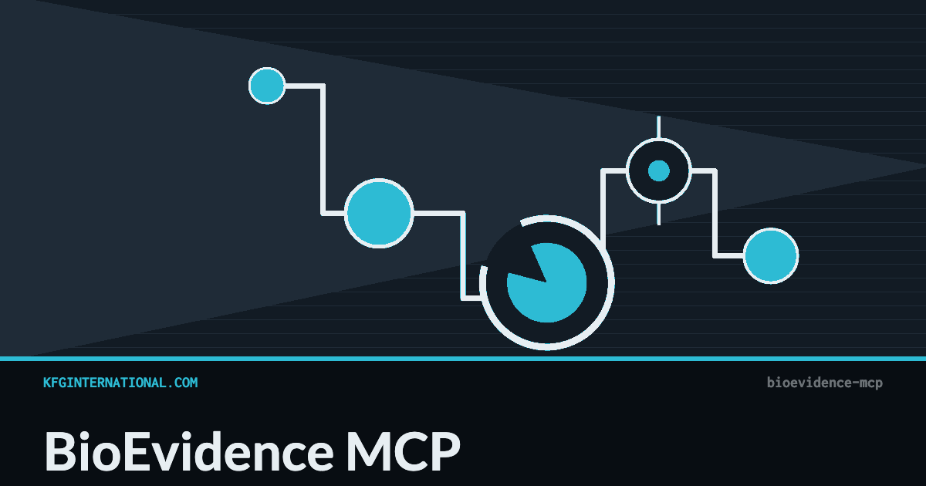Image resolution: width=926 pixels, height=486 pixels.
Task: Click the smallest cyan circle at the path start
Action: pos(267,86)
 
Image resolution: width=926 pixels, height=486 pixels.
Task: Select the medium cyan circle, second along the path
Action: pos(379,213)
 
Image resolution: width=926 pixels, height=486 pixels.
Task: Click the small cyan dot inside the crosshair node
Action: pos(658,170)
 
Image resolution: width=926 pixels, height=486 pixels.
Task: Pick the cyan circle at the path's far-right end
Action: pos(771,256)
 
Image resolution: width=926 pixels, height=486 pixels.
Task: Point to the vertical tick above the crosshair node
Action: pos(658,127)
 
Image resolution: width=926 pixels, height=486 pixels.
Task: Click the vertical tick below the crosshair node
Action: pos(658,214)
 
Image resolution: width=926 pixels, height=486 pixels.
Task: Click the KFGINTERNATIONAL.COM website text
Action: pos(120,383)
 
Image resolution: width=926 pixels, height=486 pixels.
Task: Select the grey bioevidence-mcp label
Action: pos(825,383)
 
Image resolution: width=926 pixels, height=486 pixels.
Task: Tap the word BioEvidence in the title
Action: pos(189,451)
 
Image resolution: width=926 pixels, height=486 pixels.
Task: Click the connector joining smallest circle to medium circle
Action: pos(323,150)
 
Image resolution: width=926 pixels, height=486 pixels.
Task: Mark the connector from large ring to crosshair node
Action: pos(603,207)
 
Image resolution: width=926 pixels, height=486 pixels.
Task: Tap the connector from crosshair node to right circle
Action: pos(715,213)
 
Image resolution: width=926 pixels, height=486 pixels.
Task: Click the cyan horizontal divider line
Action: pos(463,359)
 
